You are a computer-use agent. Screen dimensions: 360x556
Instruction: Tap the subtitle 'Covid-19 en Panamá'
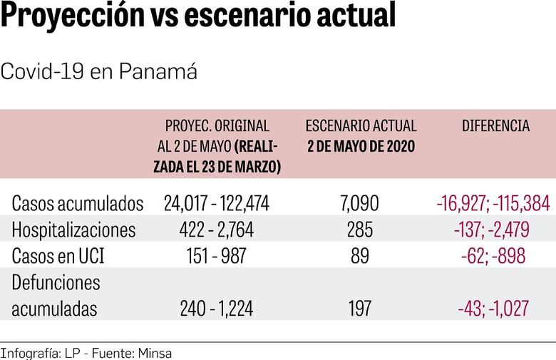click(x=99, y=72)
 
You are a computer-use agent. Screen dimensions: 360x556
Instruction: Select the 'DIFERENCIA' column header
click(x=495, y=126)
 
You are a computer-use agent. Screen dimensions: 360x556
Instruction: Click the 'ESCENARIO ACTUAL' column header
click(x=361, y=126)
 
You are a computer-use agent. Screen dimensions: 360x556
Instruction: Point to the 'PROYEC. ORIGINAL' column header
click(x=217, y=126)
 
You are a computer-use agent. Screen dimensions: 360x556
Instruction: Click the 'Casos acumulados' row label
click(x=78, y=204)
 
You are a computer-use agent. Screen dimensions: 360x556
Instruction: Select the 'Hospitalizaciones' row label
click(x=73, y=230)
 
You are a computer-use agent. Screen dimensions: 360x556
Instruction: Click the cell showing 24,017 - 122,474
click(x=217, y=204)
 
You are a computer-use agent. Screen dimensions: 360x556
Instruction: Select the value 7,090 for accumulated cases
click(x=361, y=204)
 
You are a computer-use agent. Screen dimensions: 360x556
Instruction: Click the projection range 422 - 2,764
click(x=217, y=230)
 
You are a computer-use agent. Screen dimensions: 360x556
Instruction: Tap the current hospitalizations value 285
click(x=361, y=230)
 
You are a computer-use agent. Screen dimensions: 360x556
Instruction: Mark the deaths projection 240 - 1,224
click(x=217, y=309)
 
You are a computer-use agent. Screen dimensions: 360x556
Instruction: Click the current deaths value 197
click(x=361, y=309)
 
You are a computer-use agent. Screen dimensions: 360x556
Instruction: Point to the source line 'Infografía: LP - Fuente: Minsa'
click(x=86, y=353)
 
